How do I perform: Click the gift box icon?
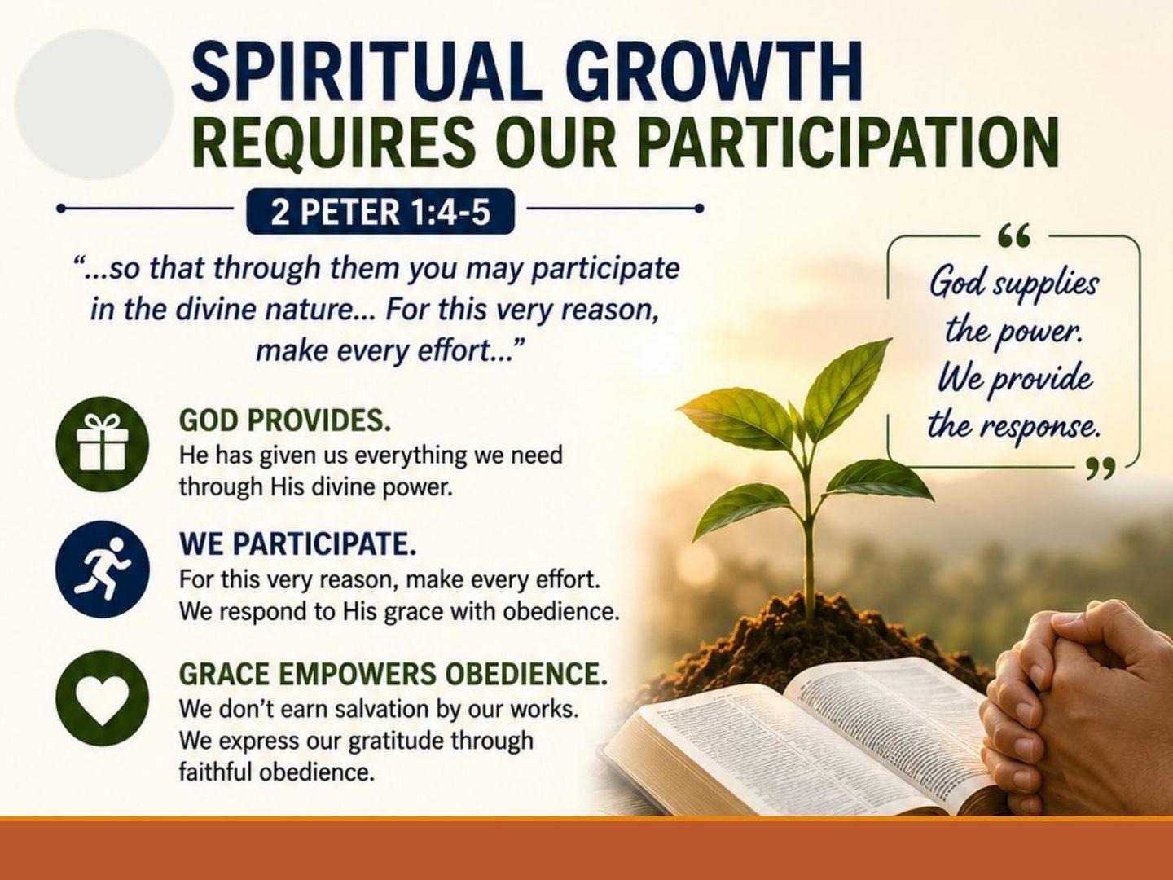pos(102,443)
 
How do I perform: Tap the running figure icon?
pos(102,569)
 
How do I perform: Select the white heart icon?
pos(102,699)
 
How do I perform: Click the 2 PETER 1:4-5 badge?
pos(380,212)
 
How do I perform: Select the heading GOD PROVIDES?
pos(285,421)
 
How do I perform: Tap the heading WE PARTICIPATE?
pos(297,544)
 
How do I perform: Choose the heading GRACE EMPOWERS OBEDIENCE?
pos(393,675)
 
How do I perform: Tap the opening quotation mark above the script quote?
pos(1014,236)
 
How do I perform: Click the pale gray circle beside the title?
pos(94,104)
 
